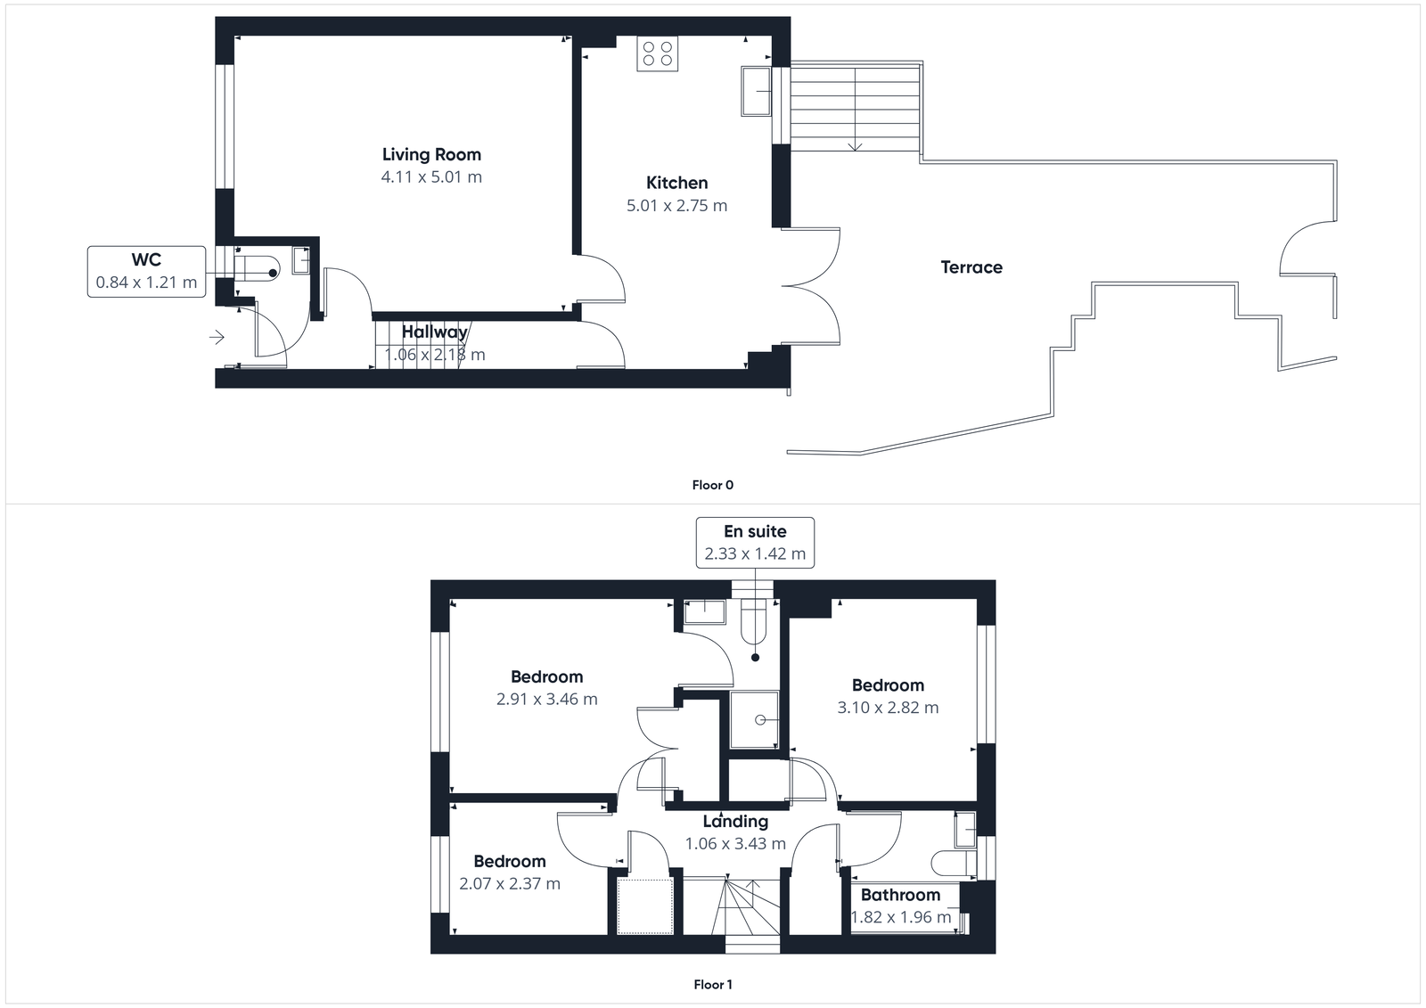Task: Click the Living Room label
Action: tap(431, 155)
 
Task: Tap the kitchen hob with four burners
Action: tap(658, 53)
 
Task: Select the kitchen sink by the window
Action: tap(756, 91)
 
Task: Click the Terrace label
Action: tap(971, 267)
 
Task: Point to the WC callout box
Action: tap(146, 271)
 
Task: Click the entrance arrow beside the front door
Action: tap(217, 338)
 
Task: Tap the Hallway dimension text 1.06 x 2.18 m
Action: tap(435, 355)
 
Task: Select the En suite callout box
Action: tap(755, 542)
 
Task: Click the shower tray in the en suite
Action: tap(754, 719)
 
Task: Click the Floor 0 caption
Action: tap(712, 485)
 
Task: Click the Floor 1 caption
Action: tap(712, 985)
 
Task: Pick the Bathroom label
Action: tap(900, 895)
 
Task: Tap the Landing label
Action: tap(735, 822)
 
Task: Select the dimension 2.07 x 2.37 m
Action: tap(510, 884)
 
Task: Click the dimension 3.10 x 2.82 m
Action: tap(888, 708)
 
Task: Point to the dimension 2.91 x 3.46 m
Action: tap(546, 700)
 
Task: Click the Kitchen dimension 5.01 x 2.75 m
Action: tap(676, 206)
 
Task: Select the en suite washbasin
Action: tap(705, 611)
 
